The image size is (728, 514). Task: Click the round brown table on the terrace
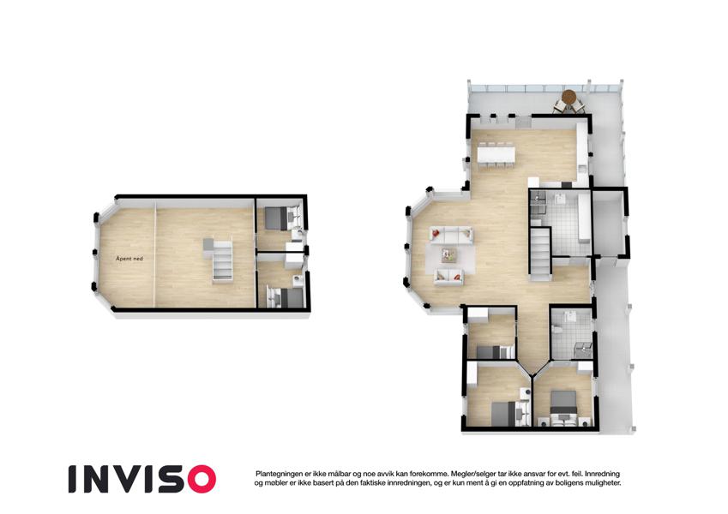click(x=569, y=98)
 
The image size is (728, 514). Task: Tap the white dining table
click(x=496, y=154)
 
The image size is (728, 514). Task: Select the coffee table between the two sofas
click(x=449, y=254)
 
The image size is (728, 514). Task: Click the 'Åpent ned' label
click(x=129, y=259)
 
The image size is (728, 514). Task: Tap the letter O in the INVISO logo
click(x=199, y=479)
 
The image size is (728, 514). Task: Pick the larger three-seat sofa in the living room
click(x=451, y=235)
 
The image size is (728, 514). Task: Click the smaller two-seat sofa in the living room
click(x=448, y=277)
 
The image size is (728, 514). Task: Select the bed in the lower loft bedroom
click(x=280, y=297)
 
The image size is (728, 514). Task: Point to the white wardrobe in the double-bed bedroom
click(x=585, y=368)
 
